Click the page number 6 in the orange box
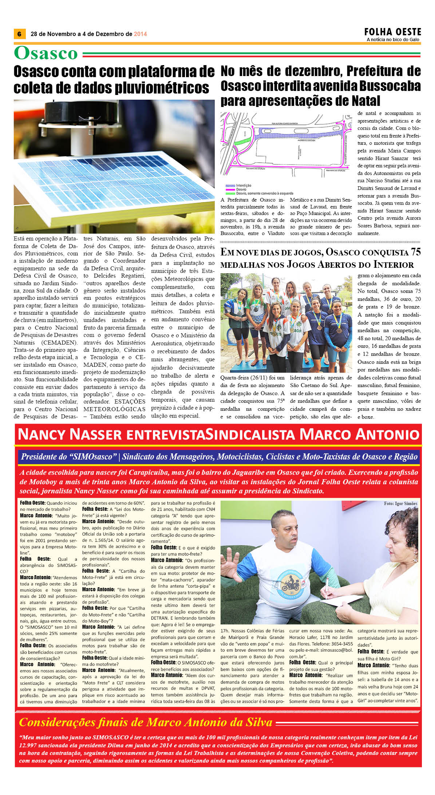tap(19, 34)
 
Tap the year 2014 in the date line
tap(140, 34)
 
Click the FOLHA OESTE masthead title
tap(392, 32)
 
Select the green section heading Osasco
tap(46, 53)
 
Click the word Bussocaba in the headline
tap(390, 86)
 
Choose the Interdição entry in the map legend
tap(243, 186)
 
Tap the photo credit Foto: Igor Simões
tap(400, 504)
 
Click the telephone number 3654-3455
tap(340, 644)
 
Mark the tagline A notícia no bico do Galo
tap(393, 40)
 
